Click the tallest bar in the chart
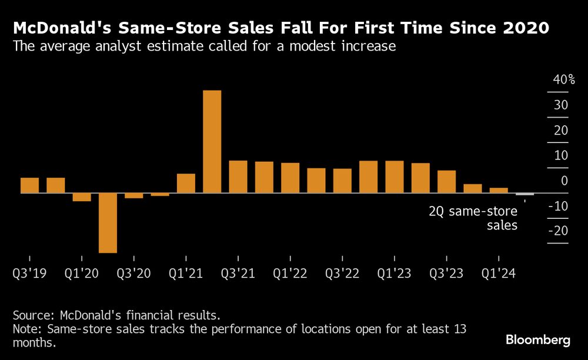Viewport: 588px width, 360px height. pyautogui.click(x=212, y=141)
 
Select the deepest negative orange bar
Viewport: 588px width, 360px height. pyautogui.click(x=108, y=222)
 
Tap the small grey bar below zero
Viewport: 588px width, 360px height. pyautogui.click(x=524, y=194)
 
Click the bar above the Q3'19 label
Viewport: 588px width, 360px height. pyautogui.click(x=29, y=185)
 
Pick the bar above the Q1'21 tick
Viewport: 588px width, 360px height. pyautogui.click(x=186, y=183)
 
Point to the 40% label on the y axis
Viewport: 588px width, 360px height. pyautogui.click(x=564, y=80)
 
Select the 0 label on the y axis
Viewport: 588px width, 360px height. pyautogui.click(x=564, y=181)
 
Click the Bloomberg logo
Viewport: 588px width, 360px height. pyautogui.click(x=538, y=340)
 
